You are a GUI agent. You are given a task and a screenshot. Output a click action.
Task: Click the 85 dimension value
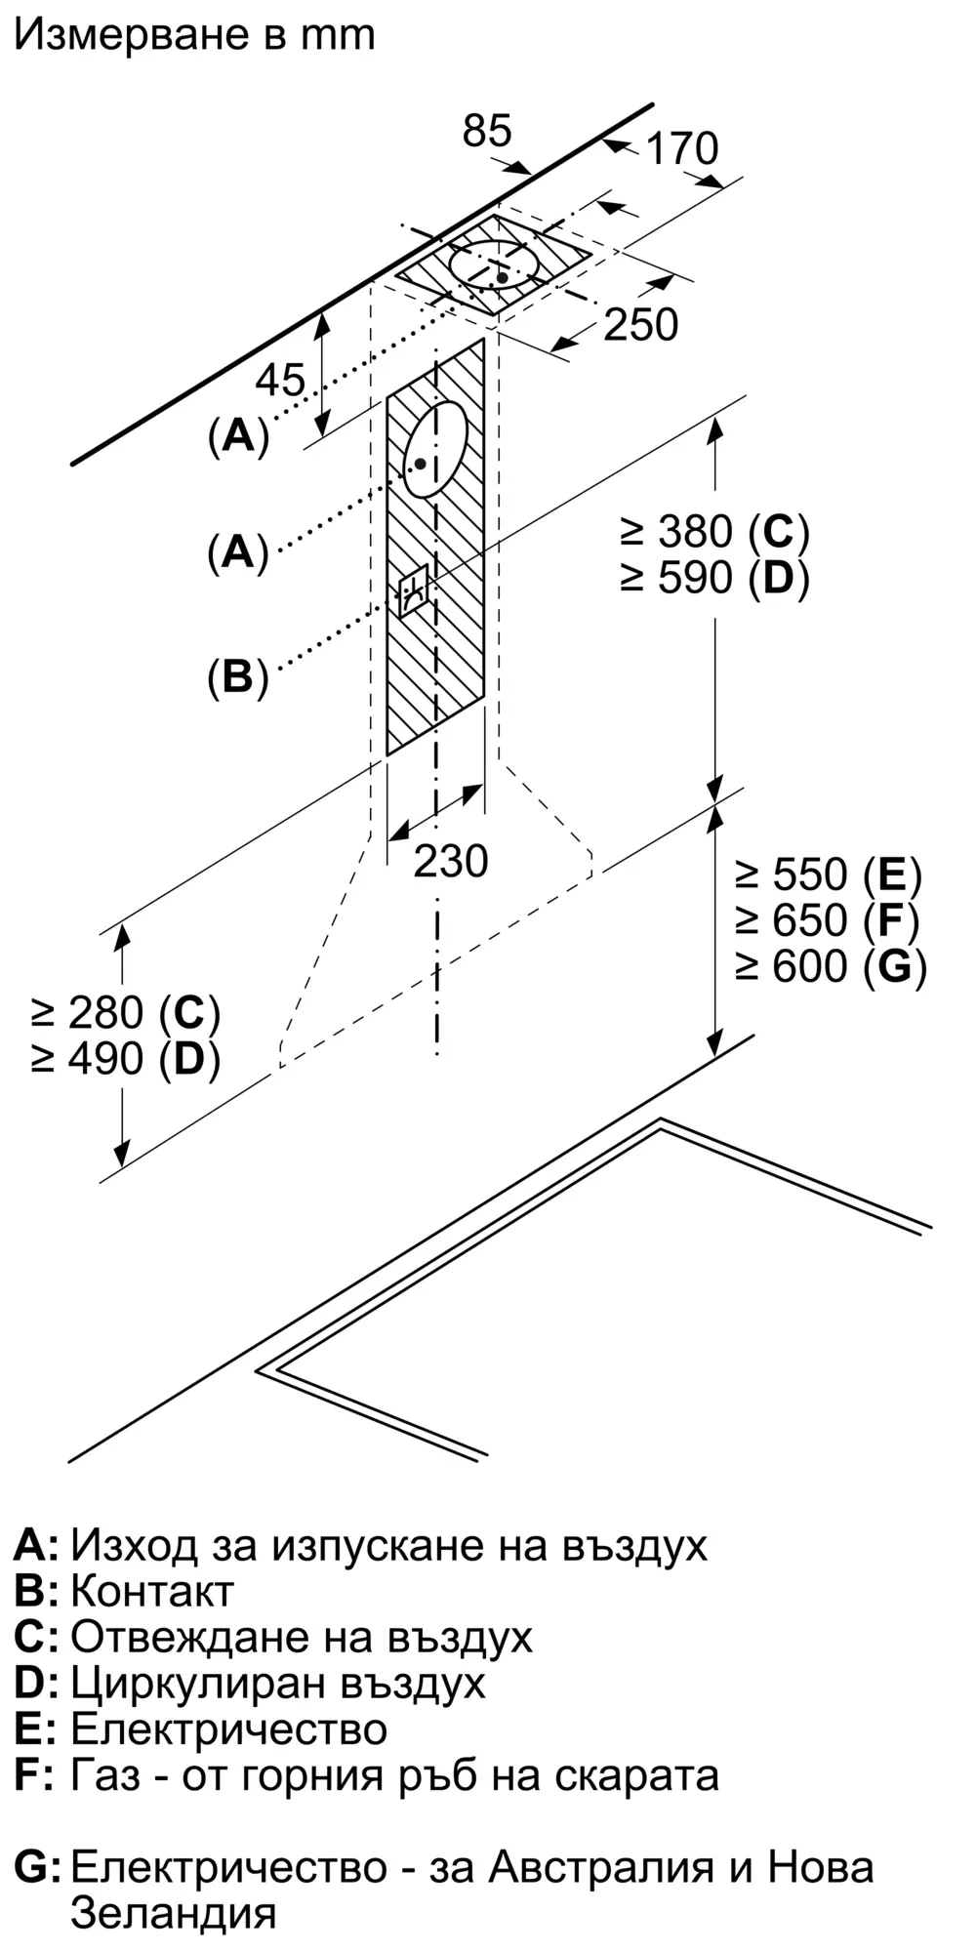click(x=487, y=131)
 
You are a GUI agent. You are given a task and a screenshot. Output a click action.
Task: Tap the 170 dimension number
click(x=681, y=148)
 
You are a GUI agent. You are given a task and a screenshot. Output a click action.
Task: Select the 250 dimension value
click(x=640, y=325)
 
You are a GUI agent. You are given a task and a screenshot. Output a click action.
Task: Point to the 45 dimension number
click(x=280, y=380)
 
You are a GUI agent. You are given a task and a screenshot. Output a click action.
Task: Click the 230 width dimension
click(x=450, y=861)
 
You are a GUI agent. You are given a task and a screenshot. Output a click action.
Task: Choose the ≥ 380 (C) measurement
click(x=714, y=532)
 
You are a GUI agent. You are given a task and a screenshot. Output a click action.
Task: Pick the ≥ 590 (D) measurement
click(x=714, y=578)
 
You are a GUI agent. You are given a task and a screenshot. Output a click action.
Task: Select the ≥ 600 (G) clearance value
click(x=830, y=966)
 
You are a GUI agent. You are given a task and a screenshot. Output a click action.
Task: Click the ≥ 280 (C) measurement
click(x=125, y=1013)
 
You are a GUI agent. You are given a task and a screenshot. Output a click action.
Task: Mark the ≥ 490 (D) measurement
click(x=125, y=1059)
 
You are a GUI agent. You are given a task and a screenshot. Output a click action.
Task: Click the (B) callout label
click(x=237, y=676)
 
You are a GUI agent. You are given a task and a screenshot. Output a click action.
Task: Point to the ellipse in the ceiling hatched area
click(x=494, y=265)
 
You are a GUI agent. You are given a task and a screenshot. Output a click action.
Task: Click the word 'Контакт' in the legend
click(x=152, y=1591)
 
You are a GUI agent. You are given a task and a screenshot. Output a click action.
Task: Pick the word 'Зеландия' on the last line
click(x=174, y=1912)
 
